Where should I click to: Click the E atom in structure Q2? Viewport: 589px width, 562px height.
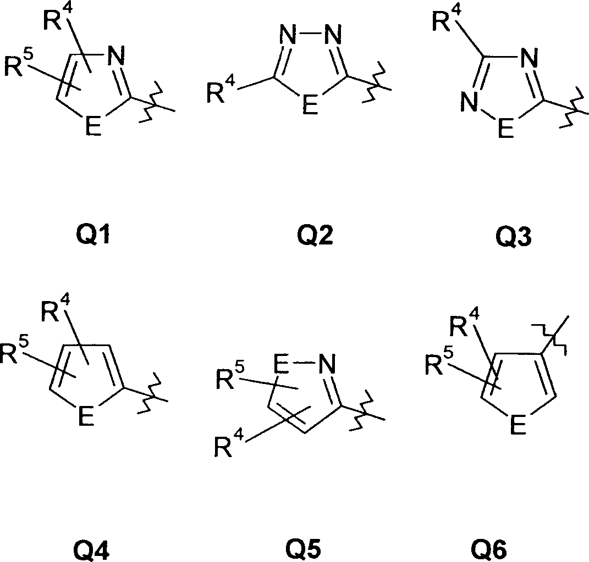311,105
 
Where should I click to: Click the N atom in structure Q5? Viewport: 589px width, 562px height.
326,363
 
